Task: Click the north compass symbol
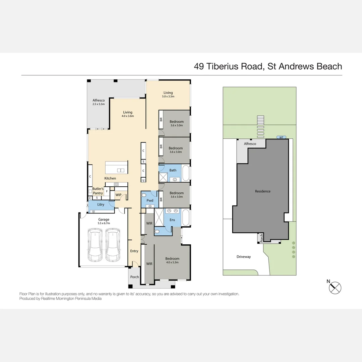(335, 288)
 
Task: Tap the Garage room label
(104, 220)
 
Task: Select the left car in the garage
(95, 245)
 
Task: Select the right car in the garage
(113, 245)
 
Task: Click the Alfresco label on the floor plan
(99, 101)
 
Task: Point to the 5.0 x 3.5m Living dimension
(168, 97)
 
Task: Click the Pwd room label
(150, 200)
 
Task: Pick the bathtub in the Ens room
(186, 217)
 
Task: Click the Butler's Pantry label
(98, 191)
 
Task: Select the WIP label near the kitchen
(118, 195)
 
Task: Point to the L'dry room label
(101, 204)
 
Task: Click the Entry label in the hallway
(134, 251)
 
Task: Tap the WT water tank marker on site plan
(281, 138)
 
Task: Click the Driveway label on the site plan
(244, 257)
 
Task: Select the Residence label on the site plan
(263, 191)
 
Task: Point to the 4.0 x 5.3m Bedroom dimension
(172, 262)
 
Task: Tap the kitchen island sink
(121, 171)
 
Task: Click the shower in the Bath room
(163, 177)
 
